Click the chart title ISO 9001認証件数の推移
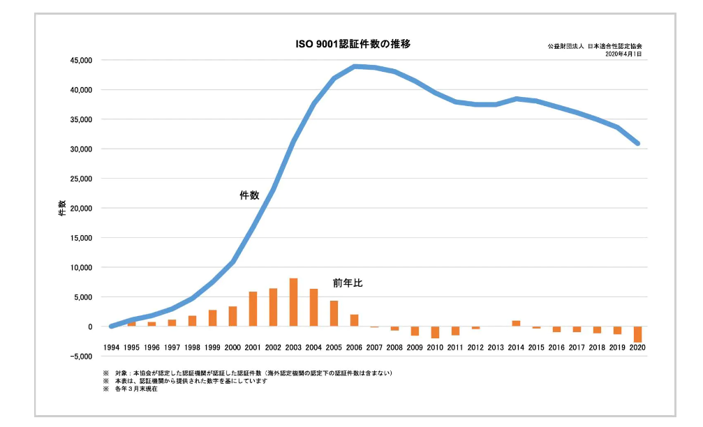coord(353,44)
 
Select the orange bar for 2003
coord(293,303)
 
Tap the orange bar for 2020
coord(637,334)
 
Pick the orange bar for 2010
coord(435,332)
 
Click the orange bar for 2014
coord(516,324)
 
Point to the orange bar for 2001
coord(253,309)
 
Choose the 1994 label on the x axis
coord(111,347)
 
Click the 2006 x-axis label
coord(354,347)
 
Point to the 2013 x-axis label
coord(496,347)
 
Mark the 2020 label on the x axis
coord(637,347)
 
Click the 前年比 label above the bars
coord(348,283)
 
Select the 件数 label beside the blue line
coord(249,196)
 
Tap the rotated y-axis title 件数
coord(61,208)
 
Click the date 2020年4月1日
coord(623,54)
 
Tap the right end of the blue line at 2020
coord(637,144)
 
